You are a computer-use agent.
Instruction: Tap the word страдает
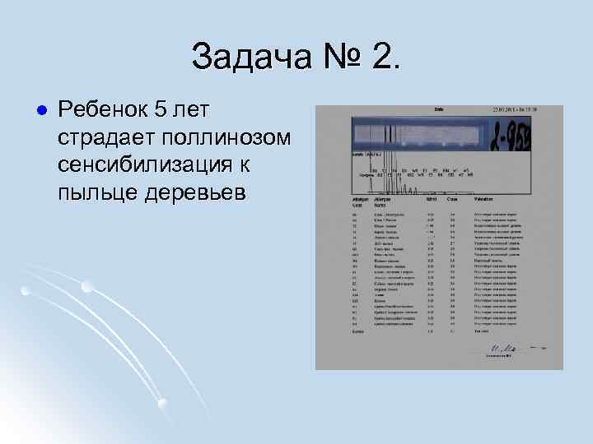[x=106, y=137]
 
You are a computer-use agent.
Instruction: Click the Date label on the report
[x=439, y=109]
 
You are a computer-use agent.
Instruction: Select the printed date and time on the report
[x=515, y=109]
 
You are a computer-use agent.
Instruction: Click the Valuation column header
[x=485, y=200]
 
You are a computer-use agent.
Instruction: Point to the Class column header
[x=452, y=200]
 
